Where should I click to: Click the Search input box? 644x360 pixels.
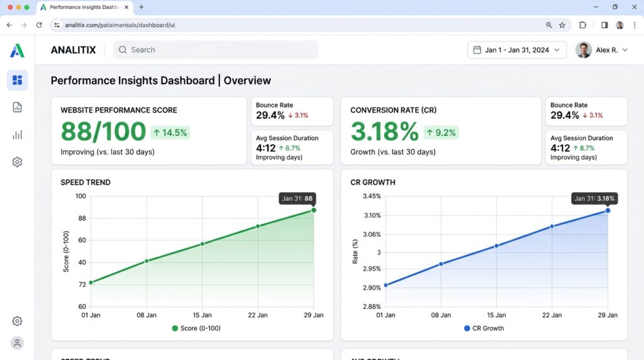tap(215, 50)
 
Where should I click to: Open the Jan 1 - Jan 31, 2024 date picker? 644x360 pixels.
tap(516, 50)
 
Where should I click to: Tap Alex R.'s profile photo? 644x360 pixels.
tap(583, 50)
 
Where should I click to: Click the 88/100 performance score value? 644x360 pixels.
tap(103, 132)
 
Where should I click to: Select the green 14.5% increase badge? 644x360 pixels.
tap(170, 133)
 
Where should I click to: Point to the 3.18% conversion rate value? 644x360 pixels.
tap(384, 132)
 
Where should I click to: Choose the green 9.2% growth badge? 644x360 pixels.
tap(441, 133)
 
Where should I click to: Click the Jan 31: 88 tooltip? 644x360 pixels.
tap(297, 198)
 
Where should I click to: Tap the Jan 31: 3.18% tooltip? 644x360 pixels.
tap(594, 198)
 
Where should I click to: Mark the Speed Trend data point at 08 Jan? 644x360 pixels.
tap(147, 261)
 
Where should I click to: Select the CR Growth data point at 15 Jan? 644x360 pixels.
tap(497, 245)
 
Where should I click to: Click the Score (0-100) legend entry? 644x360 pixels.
tap(196, 329)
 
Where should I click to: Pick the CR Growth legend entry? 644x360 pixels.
tap(484, 329)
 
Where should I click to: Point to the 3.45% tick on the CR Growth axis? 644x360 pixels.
tap(372, 196)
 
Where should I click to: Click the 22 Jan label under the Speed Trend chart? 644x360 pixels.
tap(257, 315)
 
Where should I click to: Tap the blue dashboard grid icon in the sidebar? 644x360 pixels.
tap(17, 80)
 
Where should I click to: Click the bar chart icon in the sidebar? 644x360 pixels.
tap(17, 135)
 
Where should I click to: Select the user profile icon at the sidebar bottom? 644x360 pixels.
tap(17, 343)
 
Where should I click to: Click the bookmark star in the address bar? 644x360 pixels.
tap(562, 25)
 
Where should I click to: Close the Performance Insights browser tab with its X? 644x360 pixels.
tap(126, 7)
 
